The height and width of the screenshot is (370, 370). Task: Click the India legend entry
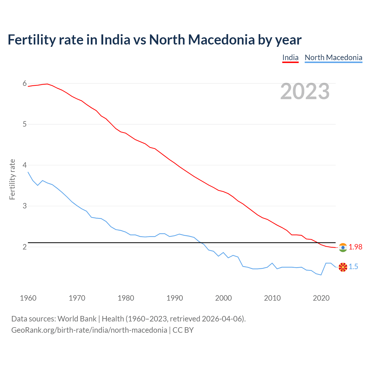coord(290,58)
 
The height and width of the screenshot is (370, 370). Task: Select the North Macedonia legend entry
coord(333,58)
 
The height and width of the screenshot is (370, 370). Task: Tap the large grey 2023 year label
coord(305,91)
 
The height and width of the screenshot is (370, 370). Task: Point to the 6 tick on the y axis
coord(25,84)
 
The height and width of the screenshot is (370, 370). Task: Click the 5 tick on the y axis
coord(25,124)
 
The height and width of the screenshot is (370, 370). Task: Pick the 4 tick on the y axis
coord(25,165)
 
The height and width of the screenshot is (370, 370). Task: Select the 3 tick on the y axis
coord(25,206)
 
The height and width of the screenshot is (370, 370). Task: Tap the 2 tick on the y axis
coord(25,247)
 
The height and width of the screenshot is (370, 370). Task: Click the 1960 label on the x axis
coord(28,298)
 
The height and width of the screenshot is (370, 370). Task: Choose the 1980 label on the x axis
coord(126,298)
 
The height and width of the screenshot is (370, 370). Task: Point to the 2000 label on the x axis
coord(223,298)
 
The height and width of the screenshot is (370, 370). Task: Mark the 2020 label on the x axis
coord(321,298)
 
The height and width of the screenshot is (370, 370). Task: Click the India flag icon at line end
coord(343,247)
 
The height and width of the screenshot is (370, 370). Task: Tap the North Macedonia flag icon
coord(343,267)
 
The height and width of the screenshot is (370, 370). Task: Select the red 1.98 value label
coord(355,247)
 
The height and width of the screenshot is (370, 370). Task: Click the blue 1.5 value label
coord(353,267)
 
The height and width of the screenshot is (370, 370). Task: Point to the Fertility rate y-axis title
coord(12,179)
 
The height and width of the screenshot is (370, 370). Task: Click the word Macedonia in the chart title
coord(221,40)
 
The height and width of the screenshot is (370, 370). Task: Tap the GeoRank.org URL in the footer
coord(89,330)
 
